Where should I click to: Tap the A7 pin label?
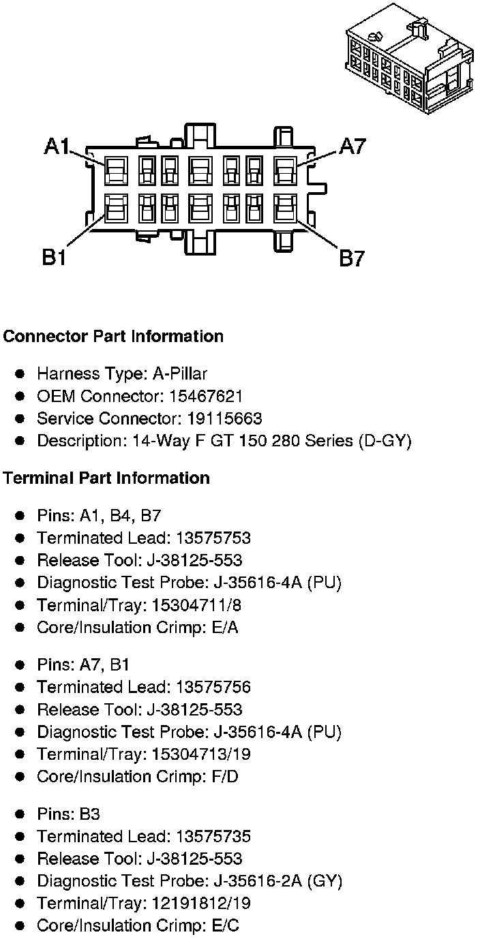(352, 146)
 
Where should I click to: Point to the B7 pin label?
(352, 258)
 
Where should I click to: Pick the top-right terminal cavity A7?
(284, 170)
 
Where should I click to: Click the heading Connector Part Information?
(113, 336)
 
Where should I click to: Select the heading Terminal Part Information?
(106, 478)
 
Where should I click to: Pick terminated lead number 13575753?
(213, 538)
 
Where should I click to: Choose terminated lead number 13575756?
(213, 687)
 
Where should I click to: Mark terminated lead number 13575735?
(213, 836)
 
